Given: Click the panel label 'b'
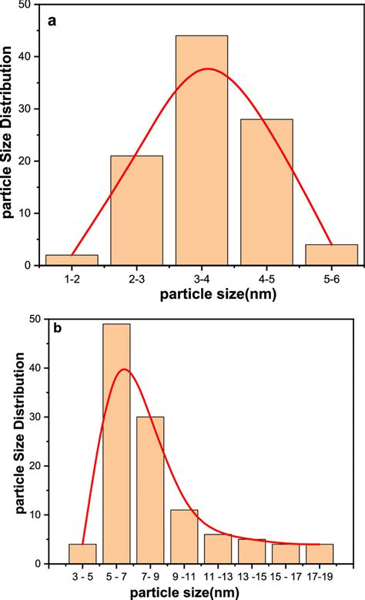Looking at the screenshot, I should (55, 328).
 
